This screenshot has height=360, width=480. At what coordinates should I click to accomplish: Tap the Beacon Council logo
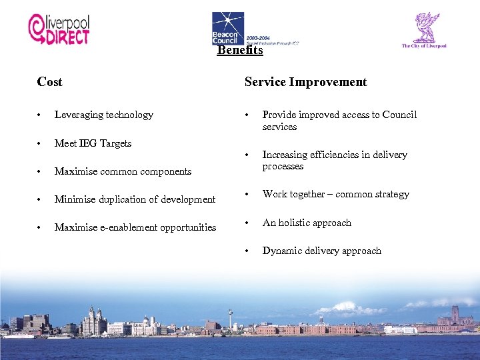click(228, 28)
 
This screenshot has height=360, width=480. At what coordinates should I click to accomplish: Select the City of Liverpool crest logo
click(424, 30)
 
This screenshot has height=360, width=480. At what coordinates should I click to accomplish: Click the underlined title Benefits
click(240, 50)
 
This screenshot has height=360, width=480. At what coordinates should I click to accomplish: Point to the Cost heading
click(50, 82)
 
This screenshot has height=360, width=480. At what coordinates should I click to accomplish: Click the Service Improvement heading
click(305, 82)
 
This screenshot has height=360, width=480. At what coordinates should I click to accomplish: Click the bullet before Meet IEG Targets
click(40, 143)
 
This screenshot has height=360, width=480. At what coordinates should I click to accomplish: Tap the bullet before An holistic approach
click(248, 223)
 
